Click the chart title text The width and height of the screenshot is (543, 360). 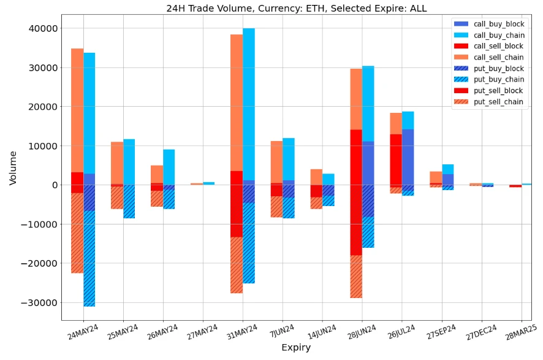(x=296, y=9)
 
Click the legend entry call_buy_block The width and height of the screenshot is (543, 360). (x=499, y=23)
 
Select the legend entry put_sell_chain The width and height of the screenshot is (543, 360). (x=499, y=102)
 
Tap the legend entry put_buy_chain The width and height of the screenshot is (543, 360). (x=499, y=79)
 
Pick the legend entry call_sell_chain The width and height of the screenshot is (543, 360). (x=499, y=57)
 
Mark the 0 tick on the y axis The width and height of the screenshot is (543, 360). (x=55, y=185)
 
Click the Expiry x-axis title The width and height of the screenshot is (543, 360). (x=296, y=348)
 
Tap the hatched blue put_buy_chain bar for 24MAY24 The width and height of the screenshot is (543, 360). (x=89, y=258)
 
